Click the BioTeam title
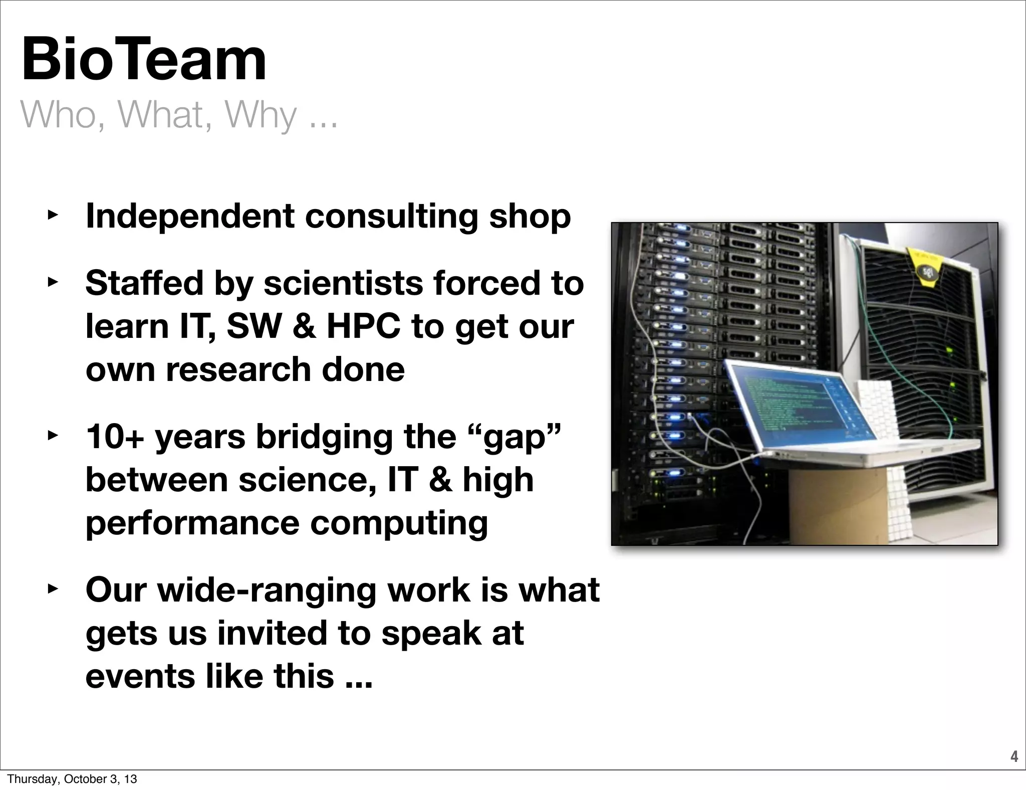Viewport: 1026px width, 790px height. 144,60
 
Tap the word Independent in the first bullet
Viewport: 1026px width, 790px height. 190,217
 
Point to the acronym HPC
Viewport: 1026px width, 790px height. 364,326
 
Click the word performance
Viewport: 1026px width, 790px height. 192,523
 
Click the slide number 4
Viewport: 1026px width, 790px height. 1014,756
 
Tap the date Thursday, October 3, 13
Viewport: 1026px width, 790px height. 72,779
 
